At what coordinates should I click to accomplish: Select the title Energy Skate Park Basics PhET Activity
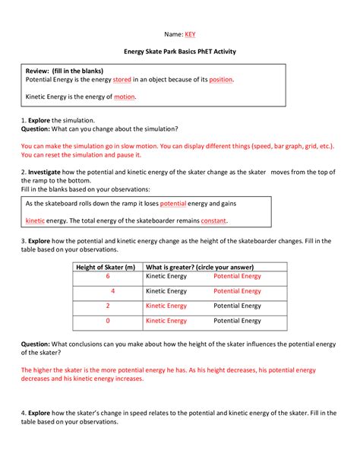click(179, 55)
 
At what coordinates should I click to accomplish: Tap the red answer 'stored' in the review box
click(122, 79)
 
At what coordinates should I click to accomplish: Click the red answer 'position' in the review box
click(221, 79)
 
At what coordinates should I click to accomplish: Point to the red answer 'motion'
click(125, 97)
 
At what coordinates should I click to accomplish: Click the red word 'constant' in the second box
click(213, 220)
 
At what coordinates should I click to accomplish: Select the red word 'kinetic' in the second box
click(35, 220)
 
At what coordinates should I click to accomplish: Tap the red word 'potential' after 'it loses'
click(174, 204)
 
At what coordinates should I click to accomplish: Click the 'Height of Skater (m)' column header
click(106, 267)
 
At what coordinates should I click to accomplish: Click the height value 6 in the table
click(108, 277)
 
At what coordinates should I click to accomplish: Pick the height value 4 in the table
click(112, 291)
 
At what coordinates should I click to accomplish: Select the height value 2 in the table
click(108, 306)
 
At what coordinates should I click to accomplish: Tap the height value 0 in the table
click(108, 321)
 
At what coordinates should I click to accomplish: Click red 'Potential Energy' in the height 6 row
click(237, 277)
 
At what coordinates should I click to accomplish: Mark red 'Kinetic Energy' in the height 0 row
click(166, 321)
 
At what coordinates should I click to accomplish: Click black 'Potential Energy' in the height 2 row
click(237, 306)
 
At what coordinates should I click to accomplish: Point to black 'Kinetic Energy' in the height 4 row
click(166, 291)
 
